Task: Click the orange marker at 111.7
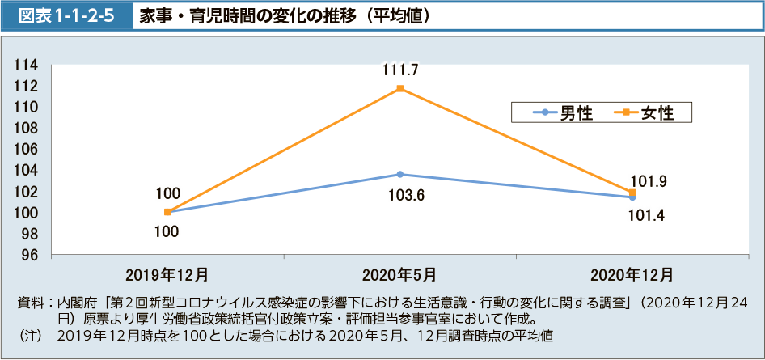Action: (x=399, y=88)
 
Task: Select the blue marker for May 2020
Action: (x=399, y=174)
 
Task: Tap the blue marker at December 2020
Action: (x=632, y=197)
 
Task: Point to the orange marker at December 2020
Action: (x=632, y=193)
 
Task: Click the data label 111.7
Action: (x=399, y=70)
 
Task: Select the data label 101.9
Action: (x=649, y=182)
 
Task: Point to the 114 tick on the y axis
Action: (x=27, y=65)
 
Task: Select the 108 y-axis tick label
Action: (x=27, y=128)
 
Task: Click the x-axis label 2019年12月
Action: (x=167, y=274)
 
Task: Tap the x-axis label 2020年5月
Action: (x=399, y=274)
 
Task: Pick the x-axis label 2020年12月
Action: (x=632, y=274)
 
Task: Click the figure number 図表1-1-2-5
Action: (x=67, y=15)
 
